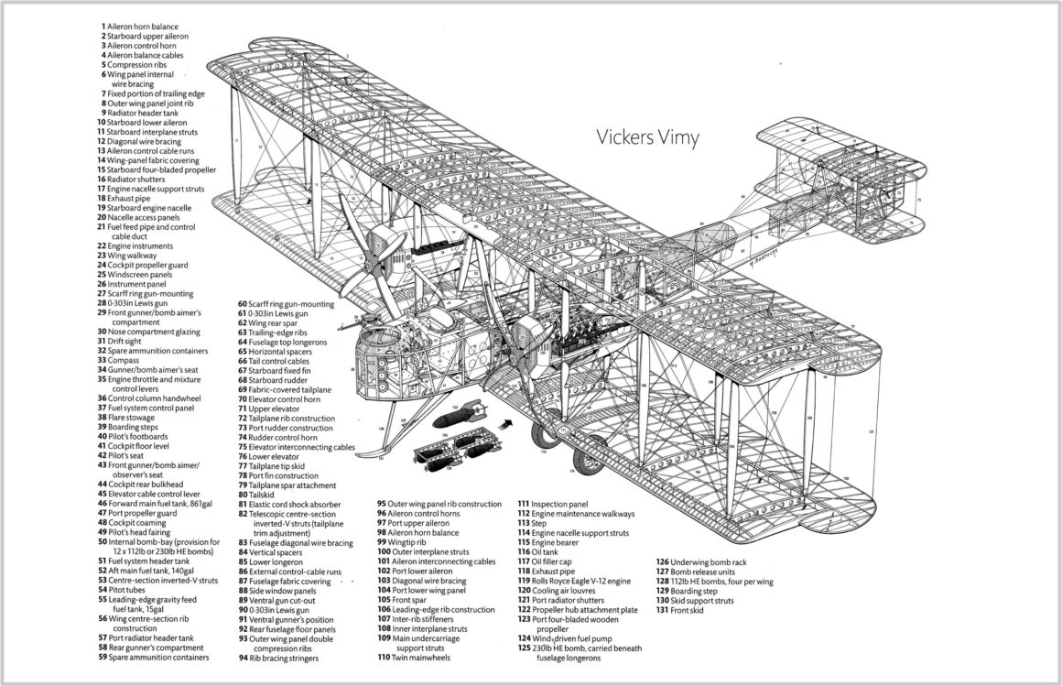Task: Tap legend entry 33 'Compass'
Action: click(127, 360)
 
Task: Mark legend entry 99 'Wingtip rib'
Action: click(406, 542)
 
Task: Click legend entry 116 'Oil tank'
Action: click(546, 551)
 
